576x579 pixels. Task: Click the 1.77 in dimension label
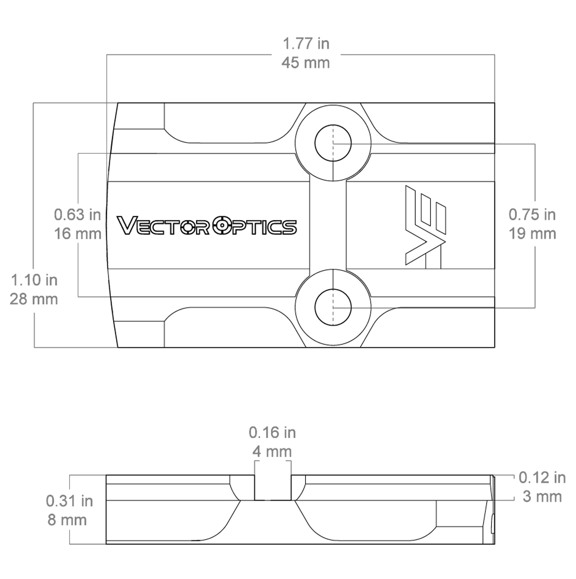(x=306, y=44)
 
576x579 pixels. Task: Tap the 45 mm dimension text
(x=306, y=63)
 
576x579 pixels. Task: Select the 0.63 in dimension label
(x=77, y=215)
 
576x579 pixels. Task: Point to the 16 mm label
(x=77, y=234)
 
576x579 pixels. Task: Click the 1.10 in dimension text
(x=34, y=280)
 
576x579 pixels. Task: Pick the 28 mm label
(x=34, y=299)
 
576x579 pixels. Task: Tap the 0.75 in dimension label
(x=532, y=215)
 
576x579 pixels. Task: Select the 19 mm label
(x=532, y=234)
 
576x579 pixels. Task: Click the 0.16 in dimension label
(x=272, y=432)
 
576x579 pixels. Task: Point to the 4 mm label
(x=272, y=451)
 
